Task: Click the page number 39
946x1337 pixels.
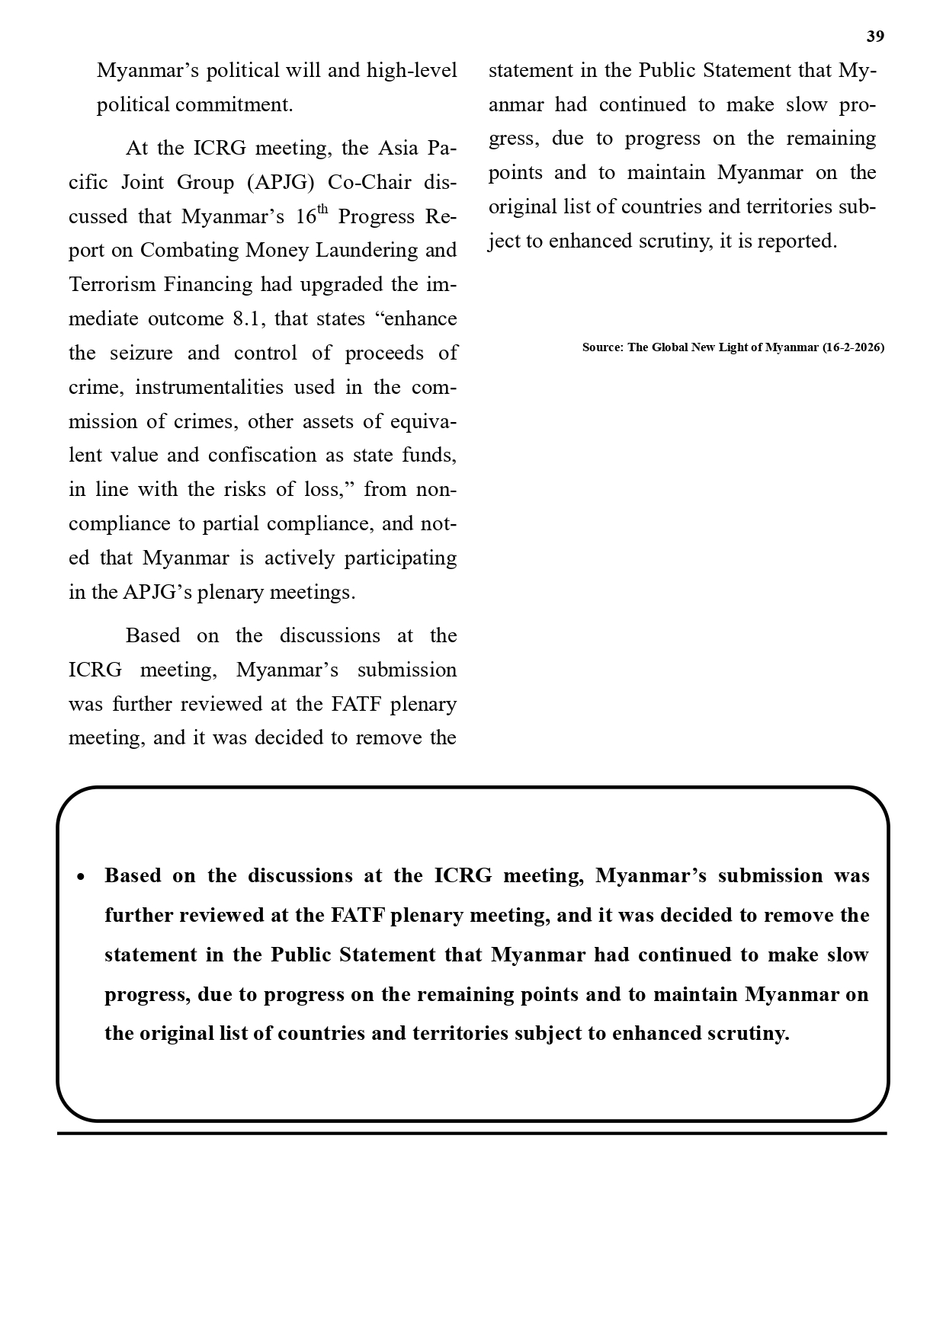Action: pos(875,37)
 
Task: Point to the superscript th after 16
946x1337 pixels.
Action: pos(322,210)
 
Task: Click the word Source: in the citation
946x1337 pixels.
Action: pos(603,347)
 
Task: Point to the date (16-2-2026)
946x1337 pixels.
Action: pos(853,347)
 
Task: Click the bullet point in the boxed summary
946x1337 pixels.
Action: pos(82,877)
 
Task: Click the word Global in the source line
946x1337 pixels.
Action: pos(670,347)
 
